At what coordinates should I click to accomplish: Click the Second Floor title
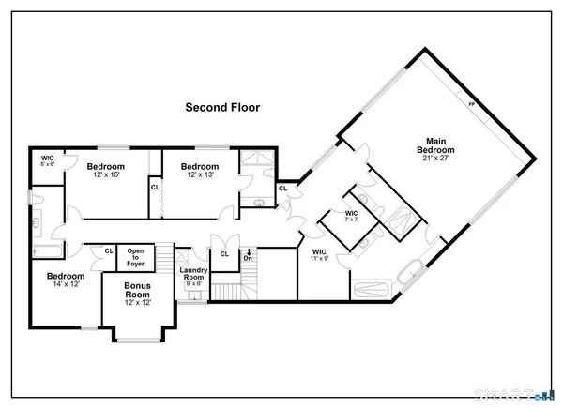[x=221, y=107]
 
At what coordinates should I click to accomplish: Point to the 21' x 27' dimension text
[x=436, y=158]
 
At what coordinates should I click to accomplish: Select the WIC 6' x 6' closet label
[x=48, y=160]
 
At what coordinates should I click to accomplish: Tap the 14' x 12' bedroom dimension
[x=66, y=285]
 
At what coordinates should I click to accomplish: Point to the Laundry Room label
[x=193, y=274]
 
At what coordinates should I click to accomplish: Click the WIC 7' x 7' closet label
[x=352, y=216]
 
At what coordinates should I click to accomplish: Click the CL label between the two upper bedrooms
[x=155, y=187]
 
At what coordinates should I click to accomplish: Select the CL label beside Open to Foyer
[x=109, y=250]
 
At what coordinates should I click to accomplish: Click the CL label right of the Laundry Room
[x=224, y=253]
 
